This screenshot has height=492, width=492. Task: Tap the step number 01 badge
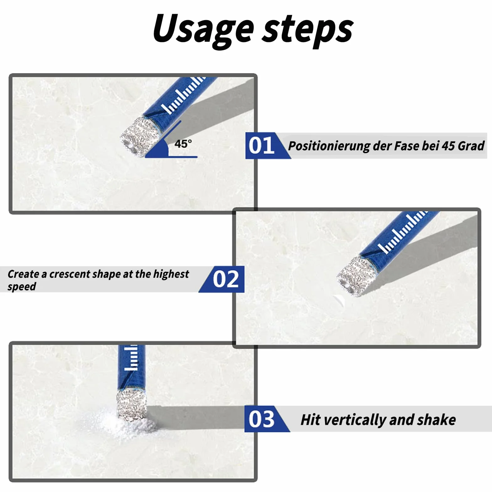pyautogui.click(x=261, y=146)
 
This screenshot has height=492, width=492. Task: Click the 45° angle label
pyautogui.click(x=183, y=144)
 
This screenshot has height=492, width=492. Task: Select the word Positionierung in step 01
pyautogui.click(x=329, y=146)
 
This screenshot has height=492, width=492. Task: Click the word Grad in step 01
pyautogui.click(x=471, y=146)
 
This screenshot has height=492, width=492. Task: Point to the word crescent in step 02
pyautogui.click(x=69, y=274)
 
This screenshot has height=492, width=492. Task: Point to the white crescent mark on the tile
pyautogui.click(x=340, y=301)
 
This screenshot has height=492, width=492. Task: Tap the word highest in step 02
pyautogui.click(x=171, y=274)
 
